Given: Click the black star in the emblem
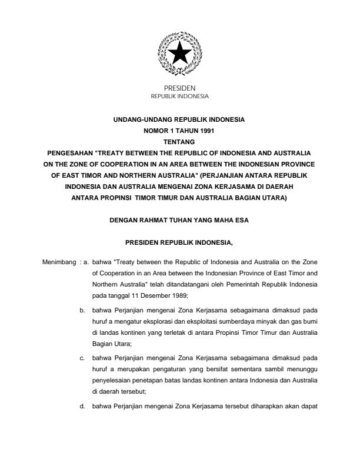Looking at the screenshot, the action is coord(179,55).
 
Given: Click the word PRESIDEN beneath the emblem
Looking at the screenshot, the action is coord(180,88).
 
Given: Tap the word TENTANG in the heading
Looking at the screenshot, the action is coord(179,142).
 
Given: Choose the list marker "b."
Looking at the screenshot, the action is coord(82,308).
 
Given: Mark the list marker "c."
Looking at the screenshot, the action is coord(82,357).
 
